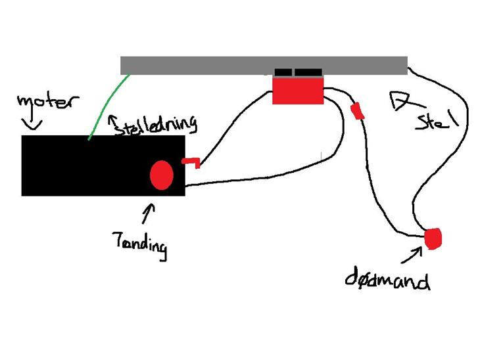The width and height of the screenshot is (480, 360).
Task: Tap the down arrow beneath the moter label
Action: [33, 122]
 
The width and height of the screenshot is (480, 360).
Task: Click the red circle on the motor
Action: [162, 175]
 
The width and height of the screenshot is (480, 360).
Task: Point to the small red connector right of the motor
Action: [191, 162]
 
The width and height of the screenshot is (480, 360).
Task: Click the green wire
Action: [108, 106]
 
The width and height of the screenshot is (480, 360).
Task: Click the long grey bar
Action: [263, 65]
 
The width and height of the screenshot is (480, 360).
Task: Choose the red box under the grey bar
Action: [298, 89]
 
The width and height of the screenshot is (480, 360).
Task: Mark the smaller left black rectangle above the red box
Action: [283, 72]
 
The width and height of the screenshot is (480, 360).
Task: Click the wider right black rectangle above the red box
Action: [308, 72]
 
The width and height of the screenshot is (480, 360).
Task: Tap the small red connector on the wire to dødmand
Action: [358, 111]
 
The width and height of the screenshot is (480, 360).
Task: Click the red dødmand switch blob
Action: [433, 238]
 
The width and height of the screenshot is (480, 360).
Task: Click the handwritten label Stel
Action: [435, 120]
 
